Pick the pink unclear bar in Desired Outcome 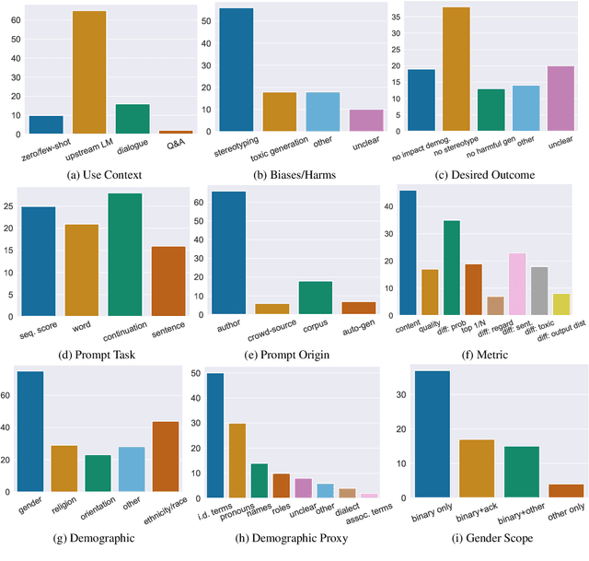point(560,100)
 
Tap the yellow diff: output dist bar point(560,304)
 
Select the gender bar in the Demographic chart point(31,433)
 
